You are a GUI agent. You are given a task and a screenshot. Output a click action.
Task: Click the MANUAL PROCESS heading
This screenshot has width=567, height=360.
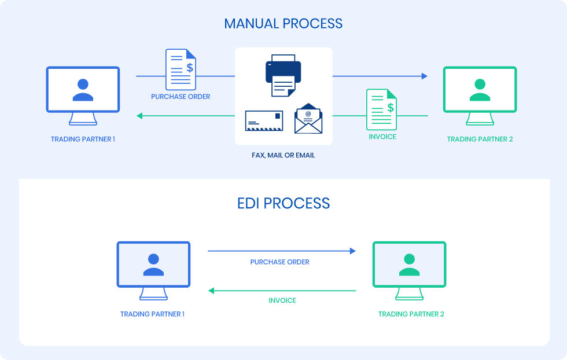283,24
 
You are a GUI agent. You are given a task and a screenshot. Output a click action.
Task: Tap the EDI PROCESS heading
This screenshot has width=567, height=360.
283,203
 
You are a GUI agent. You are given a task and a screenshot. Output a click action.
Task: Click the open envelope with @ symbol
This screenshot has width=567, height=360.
308,119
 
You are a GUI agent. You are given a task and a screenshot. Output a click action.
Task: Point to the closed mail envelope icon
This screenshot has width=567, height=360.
264,120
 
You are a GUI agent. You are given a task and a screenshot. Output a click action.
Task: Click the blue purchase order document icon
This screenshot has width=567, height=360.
181,69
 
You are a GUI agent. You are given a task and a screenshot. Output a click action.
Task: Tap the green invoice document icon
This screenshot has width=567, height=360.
382,109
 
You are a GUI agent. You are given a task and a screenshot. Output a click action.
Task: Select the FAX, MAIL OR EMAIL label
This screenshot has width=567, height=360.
283,155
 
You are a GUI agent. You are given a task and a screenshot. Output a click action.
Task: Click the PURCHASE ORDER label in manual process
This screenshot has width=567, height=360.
181,97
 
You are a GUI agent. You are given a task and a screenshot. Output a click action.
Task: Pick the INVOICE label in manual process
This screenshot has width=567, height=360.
382,137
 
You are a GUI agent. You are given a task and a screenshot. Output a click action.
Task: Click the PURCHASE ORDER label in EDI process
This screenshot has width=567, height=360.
279,262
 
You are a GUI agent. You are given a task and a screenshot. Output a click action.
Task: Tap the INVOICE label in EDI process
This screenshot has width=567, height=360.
282,300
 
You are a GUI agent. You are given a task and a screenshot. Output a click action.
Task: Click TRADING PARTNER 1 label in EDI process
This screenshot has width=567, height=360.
152,314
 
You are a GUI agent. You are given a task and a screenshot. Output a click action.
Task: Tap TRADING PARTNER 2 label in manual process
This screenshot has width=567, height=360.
480,139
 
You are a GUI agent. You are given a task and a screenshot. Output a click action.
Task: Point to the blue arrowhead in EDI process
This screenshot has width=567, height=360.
352,251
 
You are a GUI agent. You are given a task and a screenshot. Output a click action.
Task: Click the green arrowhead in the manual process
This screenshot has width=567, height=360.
139,116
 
